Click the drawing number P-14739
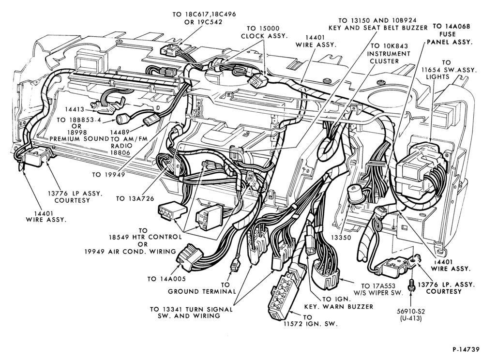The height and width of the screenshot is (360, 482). (466, 349)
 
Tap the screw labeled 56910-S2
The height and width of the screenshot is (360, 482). (411, 286)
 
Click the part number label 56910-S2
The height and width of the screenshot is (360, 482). (411, 312)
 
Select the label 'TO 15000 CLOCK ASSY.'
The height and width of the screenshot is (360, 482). (264, 32)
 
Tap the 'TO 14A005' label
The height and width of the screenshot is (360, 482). (166, 279)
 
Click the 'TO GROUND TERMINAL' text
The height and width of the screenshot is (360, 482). (202, 288)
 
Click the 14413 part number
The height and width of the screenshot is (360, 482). (74, 109)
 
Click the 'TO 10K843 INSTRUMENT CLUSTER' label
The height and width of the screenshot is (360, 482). (389, 54)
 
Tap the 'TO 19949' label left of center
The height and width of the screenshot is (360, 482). (108, 175)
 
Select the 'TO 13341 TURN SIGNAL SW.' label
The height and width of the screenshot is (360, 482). (191, 313)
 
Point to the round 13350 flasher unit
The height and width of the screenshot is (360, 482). (354, 194)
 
